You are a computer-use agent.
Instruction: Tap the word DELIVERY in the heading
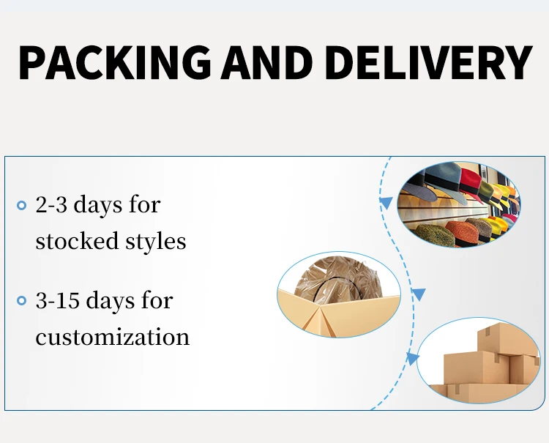[x=428, y=63]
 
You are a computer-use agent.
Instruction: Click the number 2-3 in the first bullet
[x=51, y=205]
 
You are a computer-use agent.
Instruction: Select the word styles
[x=154, y=241]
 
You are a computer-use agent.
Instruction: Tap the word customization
[x=112, y=337]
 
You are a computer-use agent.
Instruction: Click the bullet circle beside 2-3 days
[x=21, y=206]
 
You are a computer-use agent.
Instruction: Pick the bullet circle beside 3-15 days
[x=21, y=301]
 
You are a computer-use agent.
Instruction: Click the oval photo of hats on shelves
[x=458, y=204]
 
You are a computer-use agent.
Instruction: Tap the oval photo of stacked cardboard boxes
[x=479, y=361]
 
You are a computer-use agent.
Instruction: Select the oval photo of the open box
[x=339, y=295]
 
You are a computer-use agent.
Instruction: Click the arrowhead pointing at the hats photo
[x=384, y=201]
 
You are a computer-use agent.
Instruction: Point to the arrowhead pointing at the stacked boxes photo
[x=413, y=359]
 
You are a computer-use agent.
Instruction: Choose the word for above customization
[x=156, y=300]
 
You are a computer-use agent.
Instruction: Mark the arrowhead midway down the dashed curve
[x=419, y=294]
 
